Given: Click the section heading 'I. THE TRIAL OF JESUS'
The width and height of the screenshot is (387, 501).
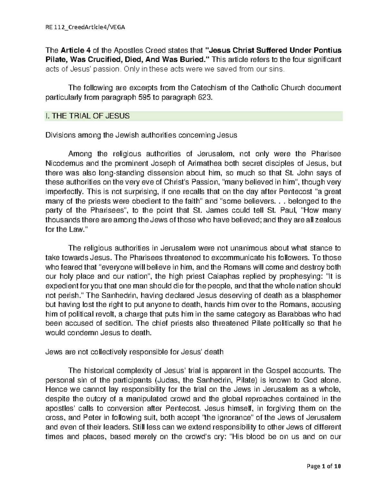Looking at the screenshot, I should pos(86,116).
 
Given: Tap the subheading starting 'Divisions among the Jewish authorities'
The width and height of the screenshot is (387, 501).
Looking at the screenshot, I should pos(141,135).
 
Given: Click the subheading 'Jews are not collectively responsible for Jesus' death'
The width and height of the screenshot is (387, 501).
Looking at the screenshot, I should pos(134,352).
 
